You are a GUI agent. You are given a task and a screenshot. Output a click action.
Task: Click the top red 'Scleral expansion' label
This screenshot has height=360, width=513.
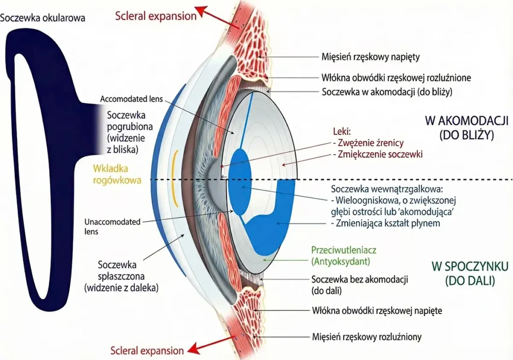(x=155, y=16)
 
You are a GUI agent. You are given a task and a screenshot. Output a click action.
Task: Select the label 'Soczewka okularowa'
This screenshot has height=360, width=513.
(x=43, y=18)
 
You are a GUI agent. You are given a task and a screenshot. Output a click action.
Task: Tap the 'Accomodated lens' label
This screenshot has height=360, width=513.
(x=131, y=99)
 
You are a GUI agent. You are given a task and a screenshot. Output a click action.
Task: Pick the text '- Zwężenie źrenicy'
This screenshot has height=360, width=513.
(x=368, y=143)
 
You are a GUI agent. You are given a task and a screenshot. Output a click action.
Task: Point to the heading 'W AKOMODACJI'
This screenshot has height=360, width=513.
(x=467, y=121)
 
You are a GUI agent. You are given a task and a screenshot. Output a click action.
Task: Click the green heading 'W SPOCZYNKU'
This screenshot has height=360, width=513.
(x=470, y=265)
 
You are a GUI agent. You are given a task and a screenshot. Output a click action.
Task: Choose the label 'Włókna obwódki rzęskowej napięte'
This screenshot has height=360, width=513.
(x=377, y=310)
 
